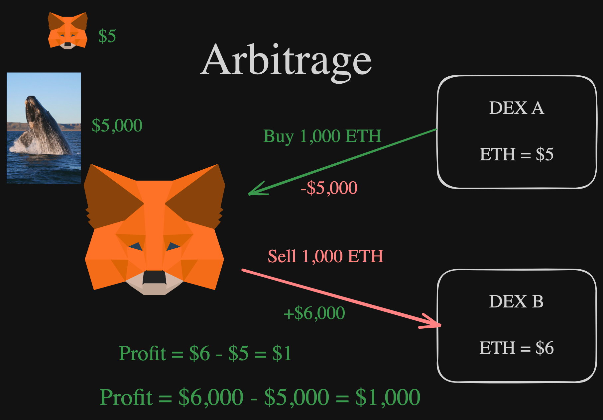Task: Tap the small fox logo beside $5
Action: point(68,31)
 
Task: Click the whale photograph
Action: point(44,128)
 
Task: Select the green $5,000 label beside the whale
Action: point(117,126)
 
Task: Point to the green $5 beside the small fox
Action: point(107,36)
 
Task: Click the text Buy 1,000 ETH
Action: point(322,136)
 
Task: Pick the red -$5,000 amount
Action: point(329,188)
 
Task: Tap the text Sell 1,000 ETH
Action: point(325,256)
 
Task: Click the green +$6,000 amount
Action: point(314,313)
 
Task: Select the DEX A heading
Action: point(517,108)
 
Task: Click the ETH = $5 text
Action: point(517,154)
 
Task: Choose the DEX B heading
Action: point(516,301)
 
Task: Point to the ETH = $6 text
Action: point(517,348)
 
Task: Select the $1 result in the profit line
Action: point(282,353)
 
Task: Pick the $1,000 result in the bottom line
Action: point(388,397)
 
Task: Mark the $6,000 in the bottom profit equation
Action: point(211,397)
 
